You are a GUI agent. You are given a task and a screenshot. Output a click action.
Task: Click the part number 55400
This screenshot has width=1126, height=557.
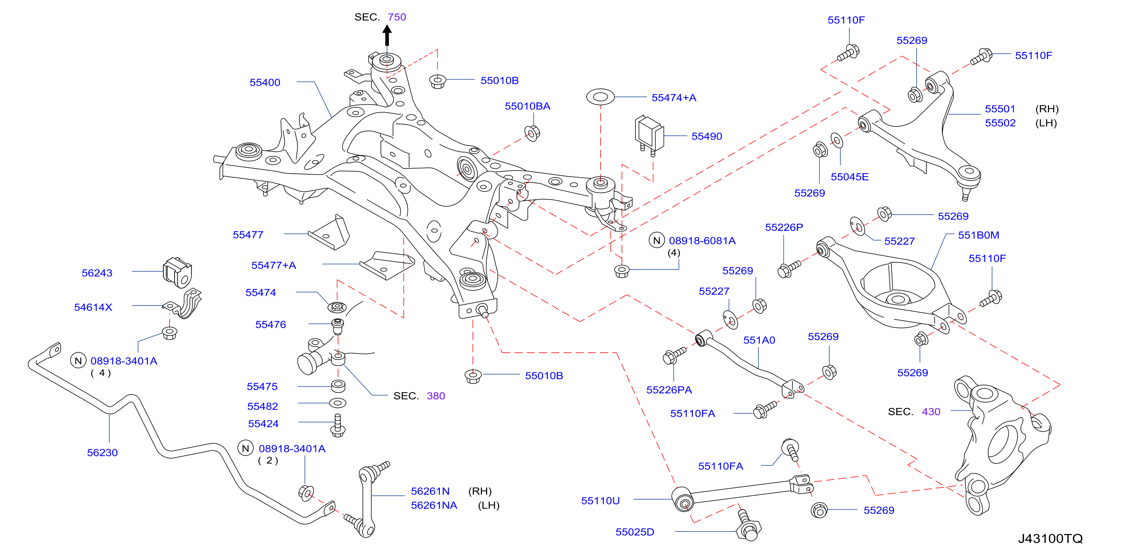click(x=265, y=82)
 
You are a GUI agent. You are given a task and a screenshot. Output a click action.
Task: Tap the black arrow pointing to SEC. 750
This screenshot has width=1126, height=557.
click(x=387, y=35)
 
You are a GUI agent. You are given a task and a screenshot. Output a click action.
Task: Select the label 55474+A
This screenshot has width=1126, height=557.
click(x=674, y=98)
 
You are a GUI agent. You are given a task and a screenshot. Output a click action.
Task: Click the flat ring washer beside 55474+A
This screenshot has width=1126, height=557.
click(x=600, y=96)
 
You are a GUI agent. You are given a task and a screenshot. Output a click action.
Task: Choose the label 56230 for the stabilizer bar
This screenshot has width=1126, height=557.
click(x=102, y=453)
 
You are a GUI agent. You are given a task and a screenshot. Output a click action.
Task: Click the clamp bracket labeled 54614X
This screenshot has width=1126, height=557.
click(x=184, y=303)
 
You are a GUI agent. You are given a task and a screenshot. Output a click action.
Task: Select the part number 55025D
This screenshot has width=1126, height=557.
click(x=635, y=532)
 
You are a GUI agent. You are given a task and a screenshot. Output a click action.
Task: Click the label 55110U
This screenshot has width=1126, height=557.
click(x=600, y=501)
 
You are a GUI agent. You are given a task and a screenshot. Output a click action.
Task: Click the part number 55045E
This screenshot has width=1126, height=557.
click(x=849, y=177)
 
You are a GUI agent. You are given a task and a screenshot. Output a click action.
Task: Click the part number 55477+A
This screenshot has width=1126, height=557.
click(x=274, y=265)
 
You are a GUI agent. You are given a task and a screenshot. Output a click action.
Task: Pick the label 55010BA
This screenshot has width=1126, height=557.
click(x=527, y=106)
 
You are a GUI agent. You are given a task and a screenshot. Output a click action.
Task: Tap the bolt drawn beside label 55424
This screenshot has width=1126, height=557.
click(x=337, y=425)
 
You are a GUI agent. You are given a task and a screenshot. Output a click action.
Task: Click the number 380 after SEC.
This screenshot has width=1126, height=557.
click(x=435, y=396)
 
